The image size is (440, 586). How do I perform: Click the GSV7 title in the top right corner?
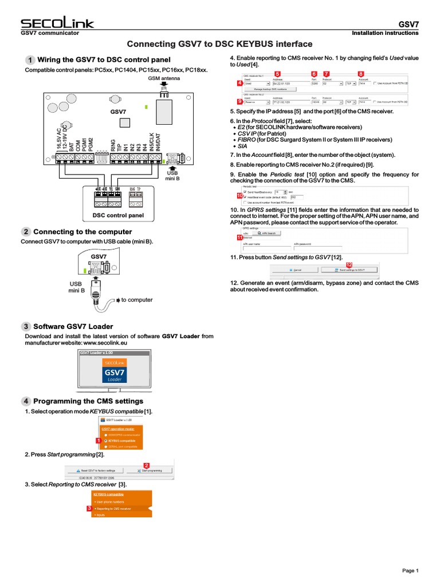[x=408, y=25]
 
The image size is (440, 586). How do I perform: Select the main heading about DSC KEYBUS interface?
[x=219, y=44]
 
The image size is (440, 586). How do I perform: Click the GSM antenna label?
[x=164, y=78]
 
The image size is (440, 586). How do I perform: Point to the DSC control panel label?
[x=118, y=215]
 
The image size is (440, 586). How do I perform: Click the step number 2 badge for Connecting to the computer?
[x=27, y=232]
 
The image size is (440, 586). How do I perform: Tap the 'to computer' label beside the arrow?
[x=137, y=300]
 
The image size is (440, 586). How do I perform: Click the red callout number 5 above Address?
[x=277, y=74]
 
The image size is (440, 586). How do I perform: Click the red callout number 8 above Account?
[x=360, y=74]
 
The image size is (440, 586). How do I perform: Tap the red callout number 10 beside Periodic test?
[x=239, y=196]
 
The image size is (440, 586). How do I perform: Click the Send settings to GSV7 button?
[x=351, y=269]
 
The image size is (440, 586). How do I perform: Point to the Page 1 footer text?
[x=410, y=571]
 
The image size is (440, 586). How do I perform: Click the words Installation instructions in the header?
[x=385, y=33]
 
